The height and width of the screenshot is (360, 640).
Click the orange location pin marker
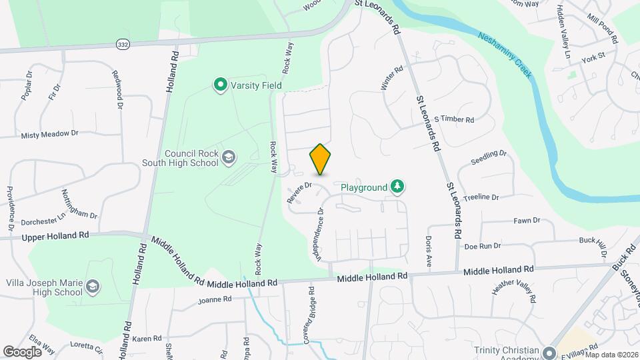click(320, 159)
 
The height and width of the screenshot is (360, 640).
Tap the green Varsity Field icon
click(219, 85)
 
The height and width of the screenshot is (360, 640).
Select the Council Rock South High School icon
click(229, 157)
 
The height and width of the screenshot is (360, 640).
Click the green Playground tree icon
click(397, 187)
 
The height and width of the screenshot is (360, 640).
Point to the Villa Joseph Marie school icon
click(93, 287)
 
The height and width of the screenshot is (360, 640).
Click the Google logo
click(22, 351)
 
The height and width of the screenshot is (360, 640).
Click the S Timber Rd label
click(453, 120)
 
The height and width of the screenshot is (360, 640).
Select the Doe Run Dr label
click(482, 246)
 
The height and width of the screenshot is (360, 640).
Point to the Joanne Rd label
click(214, 300)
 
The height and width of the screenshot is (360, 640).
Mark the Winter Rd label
click(392, 79)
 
